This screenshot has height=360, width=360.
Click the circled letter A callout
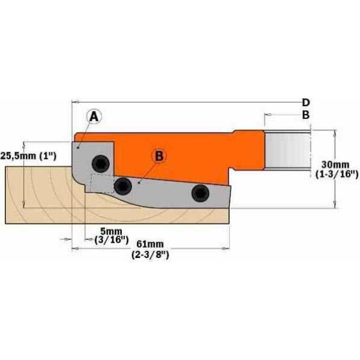point(94,117)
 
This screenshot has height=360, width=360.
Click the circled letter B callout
point(159,156)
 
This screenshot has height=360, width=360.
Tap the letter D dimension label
point(305,103)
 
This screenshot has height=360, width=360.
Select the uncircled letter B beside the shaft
point(305,115)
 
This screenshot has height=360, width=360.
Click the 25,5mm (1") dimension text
point(28,156)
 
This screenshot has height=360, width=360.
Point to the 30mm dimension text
point(335,164)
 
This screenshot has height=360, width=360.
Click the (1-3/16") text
point(337,175)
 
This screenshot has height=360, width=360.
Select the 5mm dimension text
point(112,231)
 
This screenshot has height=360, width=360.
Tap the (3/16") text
point(112,240)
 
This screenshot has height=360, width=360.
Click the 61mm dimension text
point(150,244)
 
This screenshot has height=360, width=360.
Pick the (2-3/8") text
point(151,254)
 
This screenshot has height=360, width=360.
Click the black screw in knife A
point(101,163)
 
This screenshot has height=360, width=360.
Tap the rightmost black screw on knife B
point(200,193)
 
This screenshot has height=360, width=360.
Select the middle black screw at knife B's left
point(123,186)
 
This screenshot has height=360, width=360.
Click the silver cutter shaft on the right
point(287,151)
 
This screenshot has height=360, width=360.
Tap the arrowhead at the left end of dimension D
point(76,101)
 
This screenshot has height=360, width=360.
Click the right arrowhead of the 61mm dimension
point(226,248)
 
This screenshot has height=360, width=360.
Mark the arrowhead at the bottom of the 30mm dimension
point(335,205)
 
